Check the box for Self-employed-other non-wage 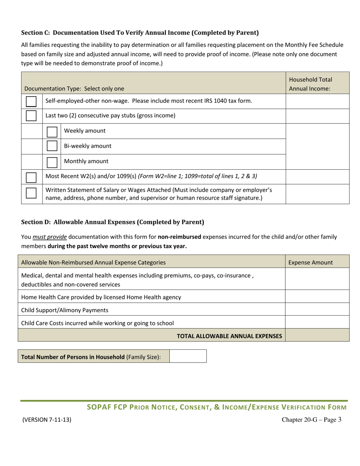31,102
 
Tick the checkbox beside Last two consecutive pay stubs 31,116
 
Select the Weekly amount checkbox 52,131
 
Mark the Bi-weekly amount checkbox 52,146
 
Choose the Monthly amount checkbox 52,162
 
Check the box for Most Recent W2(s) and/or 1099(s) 31,177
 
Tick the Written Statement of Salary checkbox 31,194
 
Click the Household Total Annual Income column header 310,84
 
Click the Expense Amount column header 311,262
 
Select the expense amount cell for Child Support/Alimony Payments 317,310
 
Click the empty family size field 188,357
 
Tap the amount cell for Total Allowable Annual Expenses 317,335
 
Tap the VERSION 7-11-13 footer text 47,420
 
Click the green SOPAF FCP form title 216,408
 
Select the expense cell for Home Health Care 317,297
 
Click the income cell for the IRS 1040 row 317,101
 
